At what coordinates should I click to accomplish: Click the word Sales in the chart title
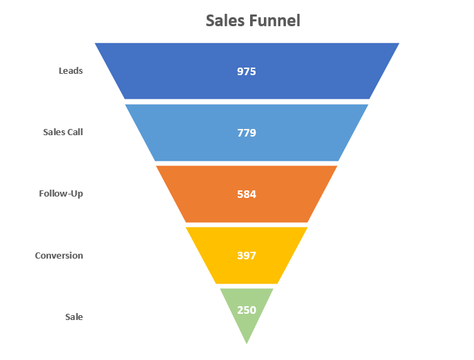(225, 21)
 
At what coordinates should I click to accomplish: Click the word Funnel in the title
(275, 21)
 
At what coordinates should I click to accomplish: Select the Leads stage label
(71, 71)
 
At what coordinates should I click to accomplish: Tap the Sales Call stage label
(63, 132)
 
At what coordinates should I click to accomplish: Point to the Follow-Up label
(61, 194)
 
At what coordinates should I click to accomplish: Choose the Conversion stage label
(59, 256)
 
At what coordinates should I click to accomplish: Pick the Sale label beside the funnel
(74, 317)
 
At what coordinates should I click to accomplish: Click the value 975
(247, 72)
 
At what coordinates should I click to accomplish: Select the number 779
(247, 133)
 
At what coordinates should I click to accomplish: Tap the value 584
(247, 194)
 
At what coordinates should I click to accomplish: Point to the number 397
(247, 256)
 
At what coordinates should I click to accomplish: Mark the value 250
(247, 310)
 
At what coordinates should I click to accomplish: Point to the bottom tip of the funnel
(247, 344)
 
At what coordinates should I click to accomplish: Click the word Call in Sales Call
(76, 132)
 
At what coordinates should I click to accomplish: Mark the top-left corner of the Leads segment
(95, 43)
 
